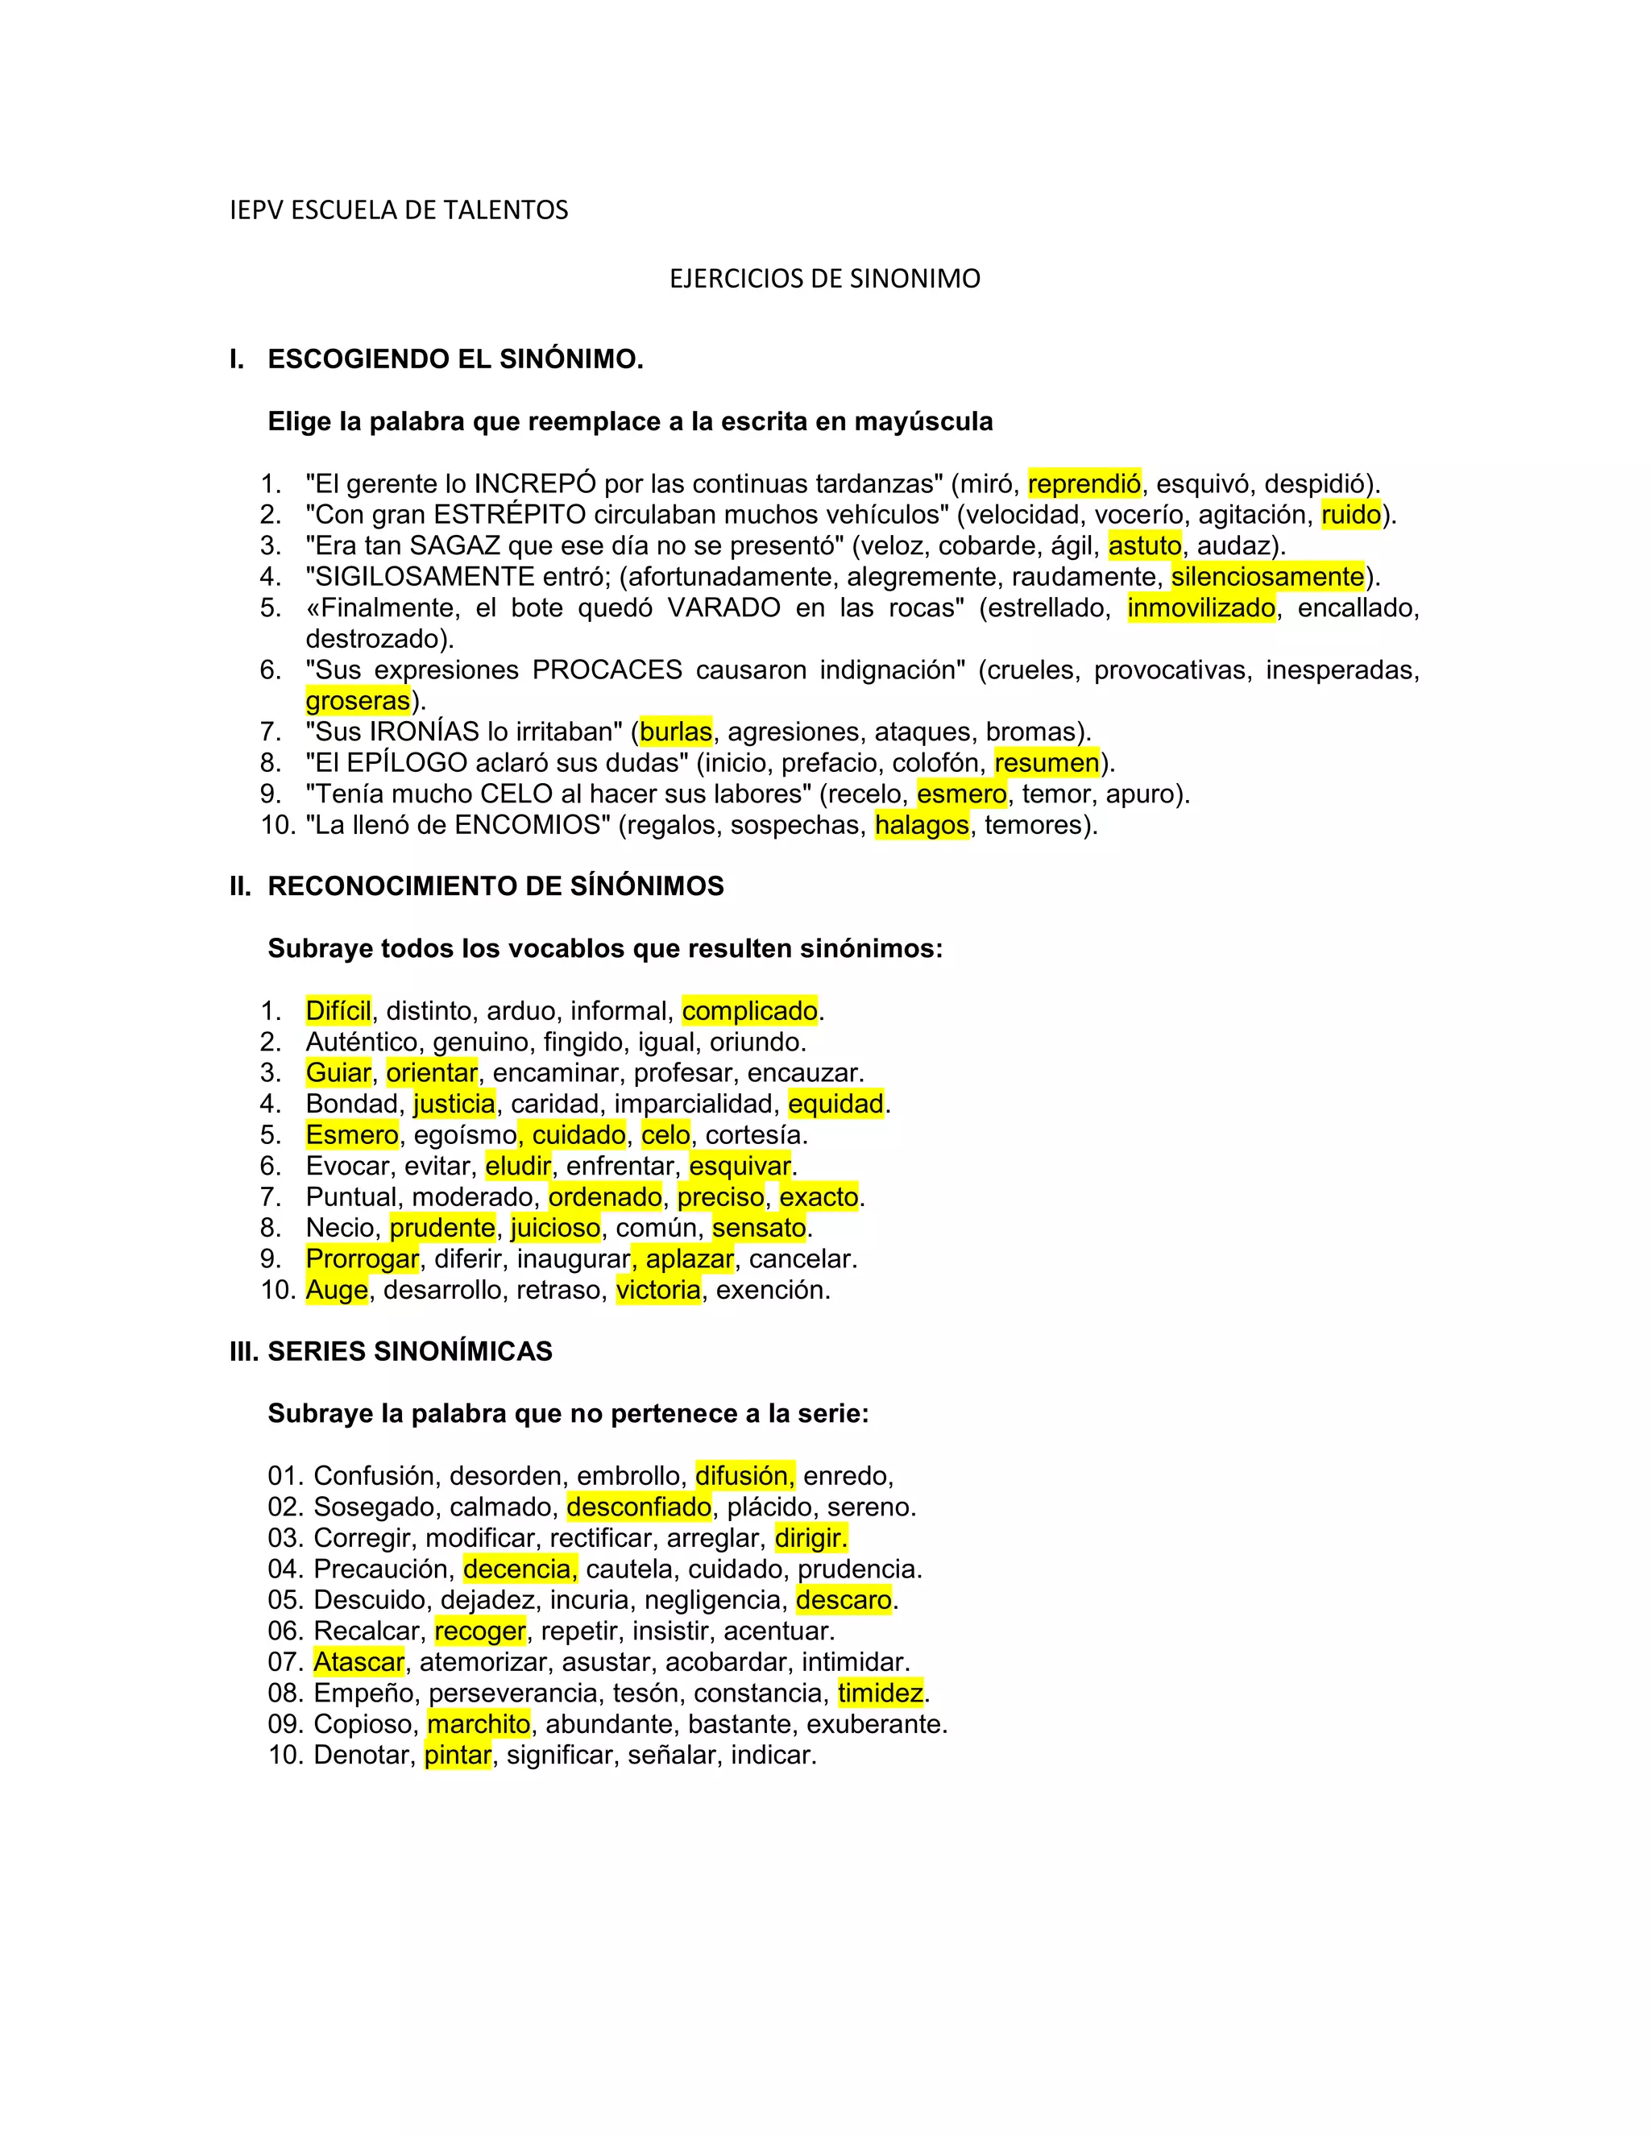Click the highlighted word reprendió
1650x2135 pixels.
pyautogui.click(x=1084, y=484)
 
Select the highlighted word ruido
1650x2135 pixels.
pyautogui.click(x=1351, y=515)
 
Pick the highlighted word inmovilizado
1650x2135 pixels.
pyautogui.click(x=1201, y=608)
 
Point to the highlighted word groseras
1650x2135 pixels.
pyautogui.click(x=358, y=701)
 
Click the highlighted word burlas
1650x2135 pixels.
pyautogui.click(x=675, y=732)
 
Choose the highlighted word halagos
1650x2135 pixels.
pyautogui.click(x=922, y=825)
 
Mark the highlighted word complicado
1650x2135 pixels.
pyautogui.click(x=750, y=1011)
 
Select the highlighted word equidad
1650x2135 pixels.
pyautogui.click(x=835, y=1104)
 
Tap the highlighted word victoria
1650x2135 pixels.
pyautogui.click(x=658, y=1291)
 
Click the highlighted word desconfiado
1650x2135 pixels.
pyautogui.click(x=639, y=1507)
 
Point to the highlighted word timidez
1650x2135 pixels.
pyautogui.click(x=881, y=1693)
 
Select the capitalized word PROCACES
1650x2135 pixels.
pyautogui.click(x=607, y=670)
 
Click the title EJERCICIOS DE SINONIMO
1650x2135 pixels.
pyautogui.click(x=824, y=280)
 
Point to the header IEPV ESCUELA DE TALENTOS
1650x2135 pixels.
pyautogui.click(x=399, y=210)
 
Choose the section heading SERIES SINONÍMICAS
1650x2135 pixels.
pyautogui.click(x=409, y=1352)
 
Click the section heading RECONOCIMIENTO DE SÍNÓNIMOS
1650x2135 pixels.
pyautogui.click(x=495, y=887)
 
